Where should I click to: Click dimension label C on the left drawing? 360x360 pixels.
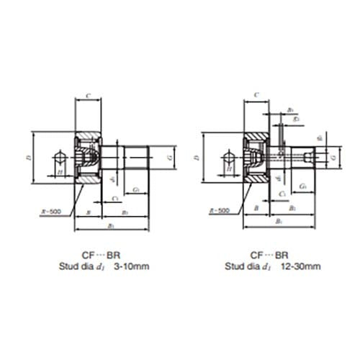point(87,94)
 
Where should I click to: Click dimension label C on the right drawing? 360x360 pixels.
point(257,94)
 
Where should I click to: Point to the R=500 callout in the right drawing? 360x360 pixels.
point(219,211)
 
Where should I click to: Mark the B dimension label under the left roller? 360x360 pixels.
point(87,213)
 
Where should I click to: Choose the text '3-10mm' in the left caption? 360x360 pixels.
point(135,266)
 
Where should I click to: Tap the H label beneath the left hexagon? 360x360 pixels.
point(60,171)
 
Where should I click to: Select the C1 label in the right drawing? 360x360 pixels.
point(284,194)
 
